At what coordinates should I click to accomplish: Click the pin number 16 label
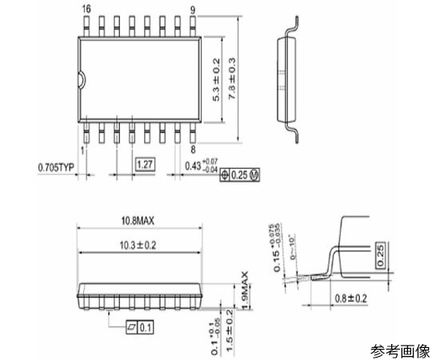click(86, 8)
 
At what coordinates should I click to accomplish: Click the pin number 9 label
click(193, 8)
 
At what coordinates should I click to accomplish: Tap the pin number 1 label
click(84, 149)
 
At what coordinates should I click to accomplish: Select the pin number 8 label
click(194, 149)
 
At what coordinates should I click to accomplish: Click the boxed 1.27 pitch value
click(145, 164)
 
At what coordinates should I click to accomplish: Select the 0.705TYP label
click(57, 167)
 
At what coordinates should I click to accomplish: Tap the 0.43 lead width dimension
click(200, 166)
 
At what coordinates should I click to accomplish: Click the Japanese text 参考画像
click(398, 350)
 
